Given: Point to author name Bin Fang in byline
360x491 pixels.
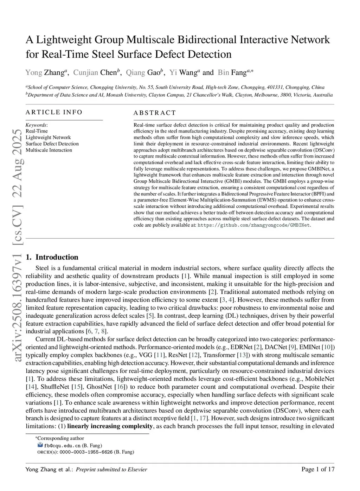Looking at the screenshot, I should coord(232,72).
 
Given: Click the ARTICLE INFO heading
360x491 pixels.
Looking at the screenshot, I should coord(54,112).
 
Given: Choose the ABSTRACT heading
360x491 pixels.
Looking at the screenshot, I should coord(154,113).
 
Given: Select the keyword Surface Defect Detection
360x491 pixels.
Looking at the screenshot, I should coord(52,144).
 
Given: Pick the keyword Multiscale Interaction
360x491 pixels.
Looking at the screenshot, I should coord(49,150).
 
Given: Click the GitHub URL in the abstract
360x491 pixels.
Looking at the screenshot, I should coord(254,225).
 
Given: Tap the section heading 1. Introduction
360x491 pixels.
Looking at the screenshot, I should coord(52,257).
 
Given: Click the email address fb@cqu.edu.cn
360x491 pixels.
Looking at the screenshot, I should coord(62,446).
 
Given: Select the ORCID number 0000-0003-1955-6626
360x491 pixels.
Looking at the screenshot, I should coord(86,452).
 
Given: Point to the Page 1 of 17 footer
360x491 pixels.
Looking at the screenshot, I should coord(318,469).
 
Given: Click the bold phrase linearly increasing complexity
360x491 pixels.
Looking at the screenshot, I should coord(110,426).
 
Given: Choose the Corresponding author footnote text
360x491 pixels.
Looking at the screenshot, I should coord(60,438).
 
